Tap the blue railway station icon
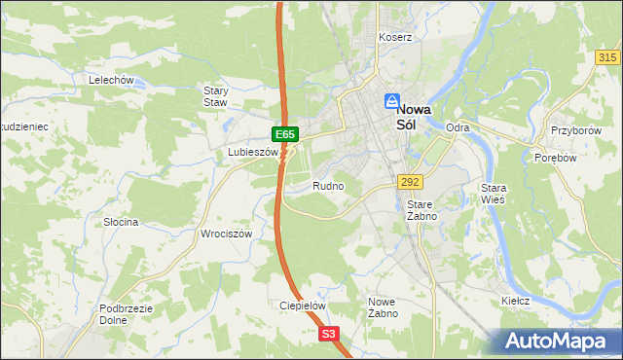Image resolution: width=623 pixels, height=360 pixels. (392, 101)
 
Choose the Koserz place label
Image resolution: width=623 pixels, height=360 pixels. (396, 37)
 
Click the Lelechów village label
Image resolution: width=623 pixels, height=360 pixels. (110, 80)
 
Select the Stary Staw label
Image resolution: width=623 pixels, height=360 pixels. (215, 95)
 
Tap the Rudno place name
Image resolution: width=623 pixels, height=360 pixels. (328, 185)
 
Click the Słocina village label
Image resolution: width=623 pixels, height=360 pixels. (121, 222)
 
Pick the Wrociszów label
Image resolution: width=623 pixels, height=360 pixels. (226, 234)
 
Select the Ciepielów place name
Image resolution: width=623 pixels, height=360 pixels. (301, 305)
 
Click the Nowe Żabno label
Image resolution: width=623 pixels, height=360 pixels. (382, 307)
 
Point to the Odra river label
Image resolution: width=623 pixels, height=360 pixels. (457, 127)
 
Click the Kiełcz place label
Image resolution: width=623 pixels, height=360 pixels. (515, 301)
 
